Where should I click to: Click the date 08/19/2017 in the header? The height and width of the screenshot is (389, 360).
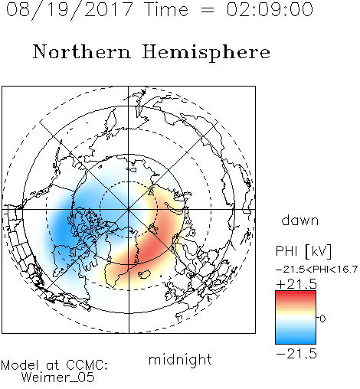click(70, 9)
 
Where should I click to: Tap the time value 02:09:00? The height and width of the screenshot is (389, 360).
click(270, 9)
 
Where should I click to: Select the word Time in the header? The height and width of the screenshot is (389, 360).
click(166, 9)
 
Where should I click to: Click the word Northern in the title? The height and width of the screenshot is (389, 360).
click(82, 52)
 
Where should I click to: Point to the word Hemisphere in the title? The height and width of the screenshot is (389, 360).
click(206, 53)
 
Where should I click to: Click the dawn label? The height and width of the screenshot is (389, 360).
click(300, 220)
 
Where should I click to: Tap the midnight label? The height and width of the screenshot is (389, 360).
click(180, 359)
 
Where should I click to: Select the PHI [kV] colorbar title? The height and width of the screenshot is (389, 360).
click(304, 251)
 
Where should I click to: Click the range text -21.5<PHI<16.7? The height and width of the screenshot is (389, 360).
click(316, 270)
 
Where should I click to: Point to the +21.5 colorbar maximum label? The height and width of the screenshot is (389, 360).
click(296, 284)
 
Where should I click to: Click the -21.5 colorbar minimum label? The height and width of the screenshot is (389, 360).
click(296, 354)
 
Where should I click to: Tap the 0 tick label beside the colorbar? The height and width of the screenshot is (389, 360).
click(322, 319)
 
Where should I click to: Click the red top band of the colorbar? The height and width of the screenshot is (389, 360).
click(296, 294)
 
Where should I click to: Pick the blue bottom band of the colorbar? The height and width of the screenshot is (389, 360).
click(296, 341)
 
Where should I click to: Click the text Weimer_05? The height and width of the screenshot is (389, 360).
click(57, 378)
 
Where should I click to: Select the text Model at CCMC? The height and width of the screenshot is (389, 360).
click(54, 365)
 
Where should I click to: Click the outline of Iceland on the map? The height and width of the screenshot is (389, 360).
click(144, 274)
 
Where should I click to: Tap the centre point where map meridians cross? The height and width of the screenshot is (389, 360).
click(129, 209)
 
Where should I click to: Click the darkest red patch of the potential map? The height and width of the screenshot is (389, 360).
click(150, 249)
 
